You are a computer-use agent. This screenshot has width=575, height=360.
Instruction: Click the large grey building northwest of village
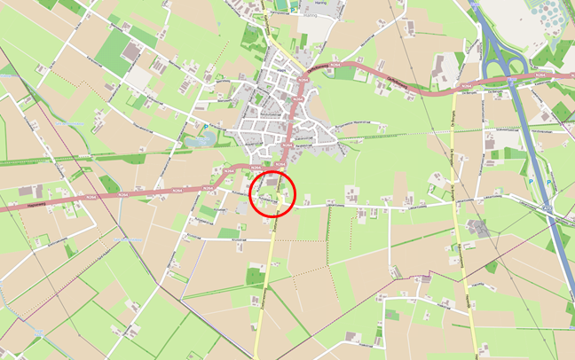(x=132, y=54)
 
